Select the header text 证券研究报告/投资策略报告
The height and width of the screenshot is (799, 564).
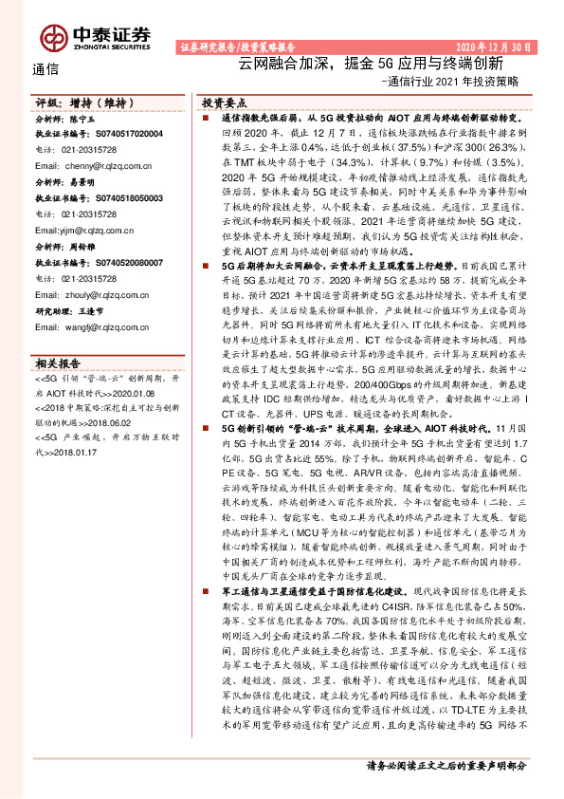coord(238,46)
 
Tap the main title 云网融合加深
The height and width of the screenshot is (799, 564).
coord(277,64)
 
